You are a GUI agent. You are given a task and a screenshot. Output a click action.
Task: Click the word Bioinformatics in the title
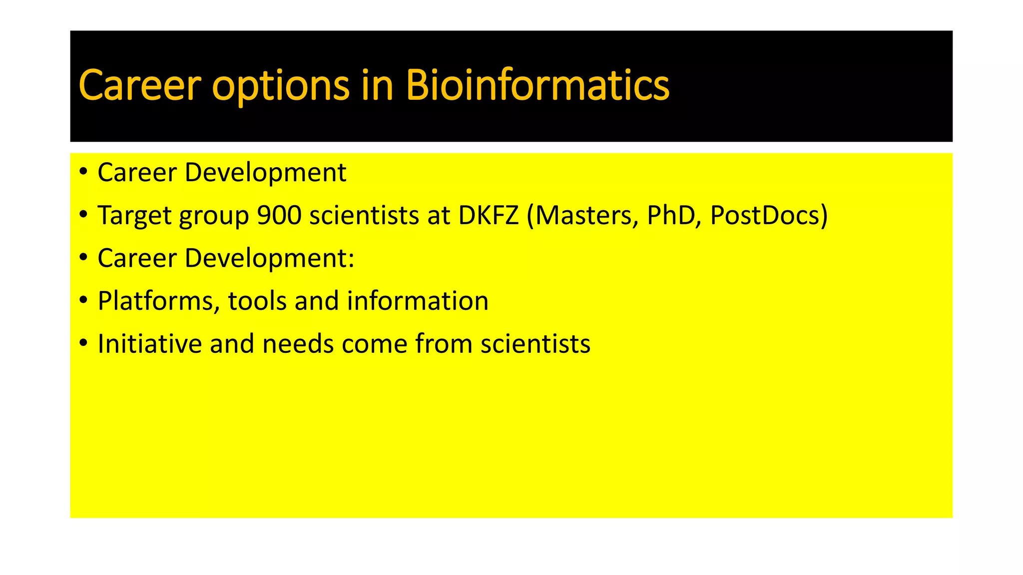click(x=537, y=85)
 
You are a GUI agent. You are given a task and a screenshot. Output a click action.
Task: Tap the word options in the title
click(x=281, y=86)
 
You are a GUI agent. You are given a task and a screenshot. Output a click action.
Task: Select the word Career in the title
click(x=140, y=85)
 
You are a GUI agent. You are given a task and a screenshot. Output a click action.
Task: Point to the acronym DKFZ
click(x=489, y=215)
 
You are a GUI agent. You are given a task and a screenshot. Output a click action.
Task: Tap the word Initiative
click(x=149, y=344)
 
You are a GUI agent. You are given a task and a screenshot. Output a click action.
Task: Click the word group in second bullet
click(x=214, y=216)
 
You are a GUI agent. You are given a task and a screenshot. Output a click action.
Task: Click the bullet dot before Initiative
click(x=83, y=343)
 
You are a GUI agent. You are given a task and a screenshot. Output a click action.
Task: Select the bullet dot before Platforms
click(x=83, y=300)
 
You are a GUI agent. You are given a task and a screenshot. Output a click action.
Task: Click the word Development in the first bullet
click(x=265, y=172)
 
